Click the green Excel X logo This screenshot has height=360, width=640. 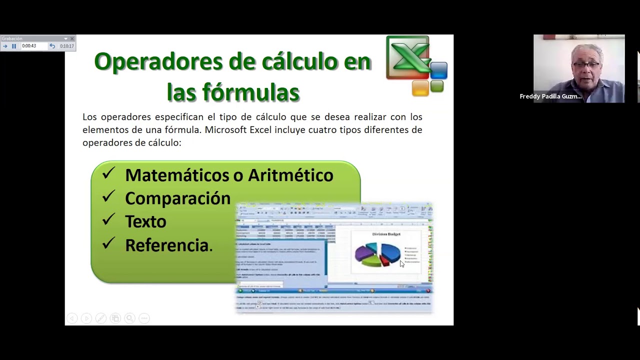pyautogui.click(x=408, y=56)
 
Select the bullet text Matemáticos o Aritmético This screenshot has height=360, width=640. pyautogui.click(x=229, y=175)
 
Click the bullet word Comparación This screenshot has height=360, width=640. pyautogui.click(x=177, y=198)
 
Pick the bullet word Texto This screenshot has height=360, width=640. pyautogui.click(x=145, y=221)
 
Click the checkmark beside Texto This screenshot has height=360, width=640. pyautogui.click(x=108, y=220)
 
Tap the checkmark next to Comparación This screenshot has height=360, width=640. pyautogui.click(x=108, y=196)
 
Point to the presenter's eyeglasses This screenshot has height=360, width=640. pyautogui.click(x=586, y=65)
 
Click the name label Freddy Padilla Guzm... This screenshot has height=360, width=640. pyautogui.click(x=550, y=96)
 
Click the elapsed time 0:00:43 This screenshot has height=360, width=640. pyautogui.click(x=29, y=46)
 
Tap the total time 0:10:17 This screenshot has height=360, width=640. pyautogui.click(x=67, y=46)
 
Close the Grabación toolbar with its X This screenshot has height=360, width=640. pyautogui.click(x=72, y=38)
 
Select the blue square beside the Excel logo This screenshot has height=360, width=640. pyautogui.click(x=438, y=70)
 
